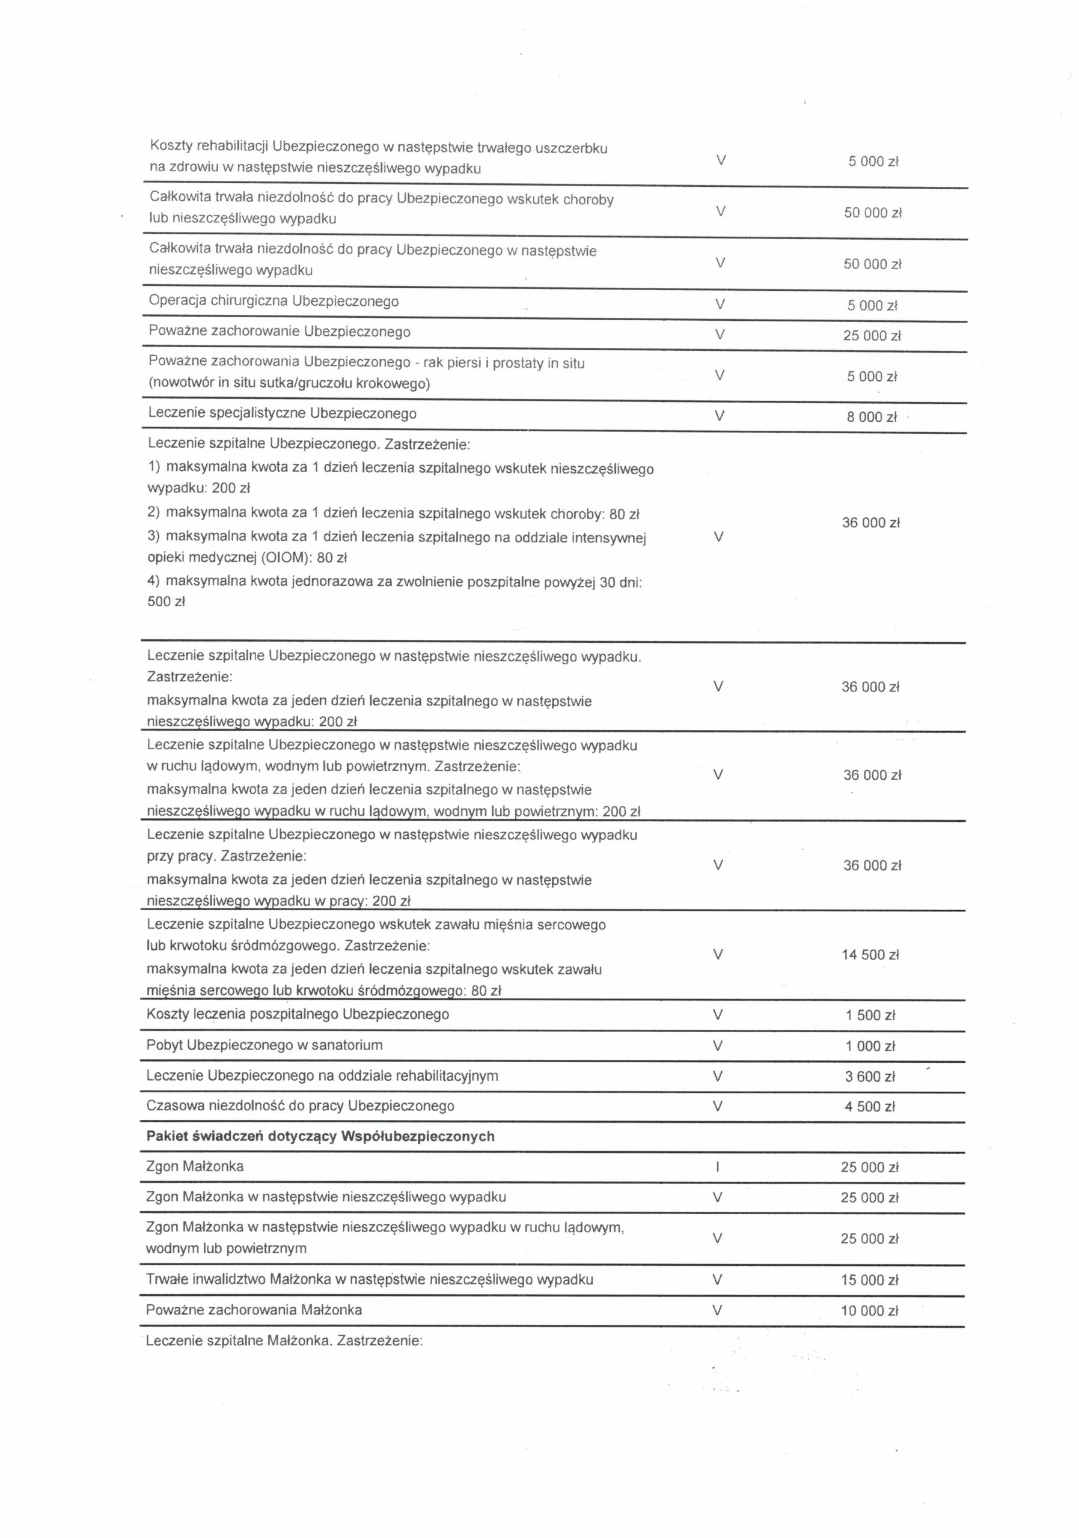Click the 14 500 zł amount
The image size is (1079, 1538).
pos(870,955)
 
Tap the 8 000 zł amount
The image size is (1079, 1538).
pos(871,417)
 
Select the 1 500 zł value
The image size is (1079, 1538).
pos(870,1015)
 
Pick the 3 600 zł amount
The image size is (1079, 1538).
pos(870,1077)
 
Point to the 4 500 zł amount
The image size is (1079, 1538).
pos(870,1107)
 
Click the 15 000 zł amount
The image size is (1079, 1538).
pos(869,1280)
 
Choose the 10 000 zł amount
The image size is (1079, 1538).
pos(869,1311)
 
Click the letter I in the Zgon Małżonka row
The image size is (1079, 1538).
pos(718,1167)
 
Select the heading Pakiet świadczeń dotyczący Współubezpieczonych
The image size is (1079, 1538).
pos(320,1136)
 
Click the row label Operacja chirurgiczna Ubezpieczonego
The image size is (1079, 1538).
pos(274,302)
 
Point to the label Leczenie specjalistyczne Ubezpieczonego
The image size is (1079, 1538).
pos(282,413)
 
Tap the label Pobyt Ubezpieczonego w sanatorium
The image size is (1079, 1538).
pos(264,1045)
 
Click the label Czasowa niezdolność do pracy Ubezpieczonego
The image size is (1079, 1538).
pos(300,1106)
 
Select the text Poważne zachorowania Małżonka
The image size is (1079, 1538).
pos(254,1310)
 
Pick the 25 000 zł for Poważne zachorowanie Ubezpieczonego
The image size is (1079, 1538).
pos(872,336)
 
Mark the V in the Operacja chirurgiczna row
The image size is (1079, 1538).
pos(720,305)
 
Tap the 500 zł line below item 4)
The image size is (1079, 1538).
pos(166,601)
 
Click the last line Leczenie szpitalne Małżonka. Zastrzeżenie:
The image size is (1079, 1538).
pos(284,1342)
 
